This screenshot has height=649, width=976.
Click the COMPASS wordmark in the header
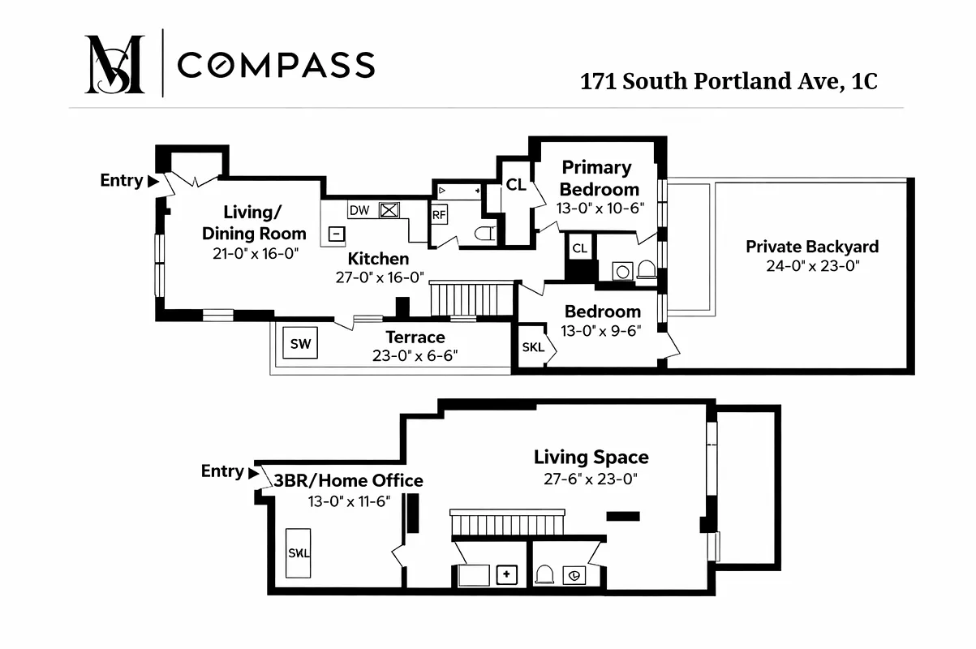click(276, 65)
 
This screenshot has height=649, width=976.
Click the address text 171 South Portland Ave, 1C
click(729, 82)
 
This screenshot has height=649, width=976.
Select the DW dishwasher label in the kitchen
click(359, 211)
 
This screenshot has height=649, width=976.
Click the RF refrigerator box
click(439, 215)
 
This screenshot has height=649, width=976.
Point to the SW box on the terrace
click(300, 344)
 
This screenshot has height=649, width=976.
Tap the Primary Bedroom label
click(600, 178)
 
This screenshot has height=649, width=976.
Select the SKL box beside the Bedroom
click(533, 348)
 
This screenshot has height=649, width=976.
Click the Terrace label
click(415, 337)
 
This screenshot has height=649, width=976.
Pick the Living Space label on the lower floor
click(591, 458)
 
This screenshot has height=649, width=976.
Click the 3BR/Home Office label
click(348, 481)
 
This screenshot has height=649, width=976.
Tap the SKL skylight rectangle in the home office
click(299, 553)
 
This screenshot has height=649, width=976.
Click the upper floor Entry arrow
click(153, 181)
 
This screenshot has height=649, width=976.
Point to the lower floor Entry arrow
click(254, 471)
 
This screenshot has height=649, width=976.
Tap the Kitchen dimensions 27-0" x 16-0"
click(378, 277)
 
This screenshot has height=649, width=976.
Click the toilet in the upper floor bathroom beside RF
click(485, 234)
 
